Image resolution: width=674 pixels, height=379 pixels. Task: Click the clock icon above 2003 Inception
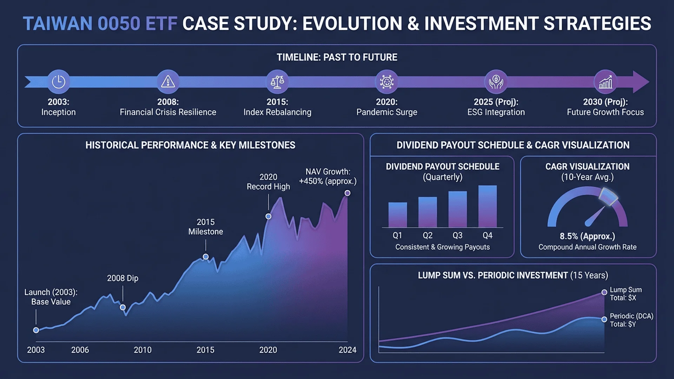59,82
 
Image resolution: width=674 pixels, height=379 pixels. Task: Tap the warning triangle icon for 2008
168,82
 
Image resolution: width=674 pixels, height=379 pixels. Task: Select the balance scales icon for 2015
277,82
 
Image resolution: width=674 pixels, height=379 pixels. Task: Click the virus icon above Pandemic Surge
387,82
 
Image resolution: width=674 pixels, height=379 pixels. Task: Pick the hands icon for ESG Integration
496,82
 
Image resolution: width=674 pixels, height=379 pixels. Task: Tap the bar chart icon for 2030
606,82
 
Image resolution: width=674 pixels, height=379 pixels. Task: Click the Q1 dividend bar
397,215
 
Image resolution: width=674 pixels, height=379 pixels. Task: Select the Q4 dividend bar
488,206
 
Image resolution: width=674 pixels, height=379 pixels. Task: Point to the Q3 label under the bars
457,235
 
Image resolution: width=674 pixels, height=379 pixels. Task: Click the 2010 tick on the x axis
143,350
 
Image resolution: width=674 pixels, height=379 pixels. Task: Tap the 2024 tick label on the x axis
348,350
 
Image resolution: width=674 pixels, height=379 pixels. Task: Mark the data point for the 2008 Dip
123,307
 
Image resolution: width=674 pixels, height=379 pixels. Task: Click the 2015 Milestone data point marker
206,257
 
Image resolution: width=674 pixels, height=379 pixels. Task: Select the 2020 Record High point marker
269,217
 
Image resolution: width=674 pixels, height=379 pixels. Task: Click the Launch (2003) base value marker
36,330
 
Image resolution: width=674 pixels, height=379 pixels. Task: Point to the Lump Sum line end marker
604,292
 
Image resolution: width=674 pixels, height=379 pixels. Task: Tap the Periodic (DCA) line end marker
604,319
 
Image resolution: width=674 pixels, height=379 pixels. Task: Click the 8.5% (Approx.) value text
587,237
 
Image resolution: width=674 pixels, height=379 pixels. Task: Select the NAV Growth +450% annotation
328,177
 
